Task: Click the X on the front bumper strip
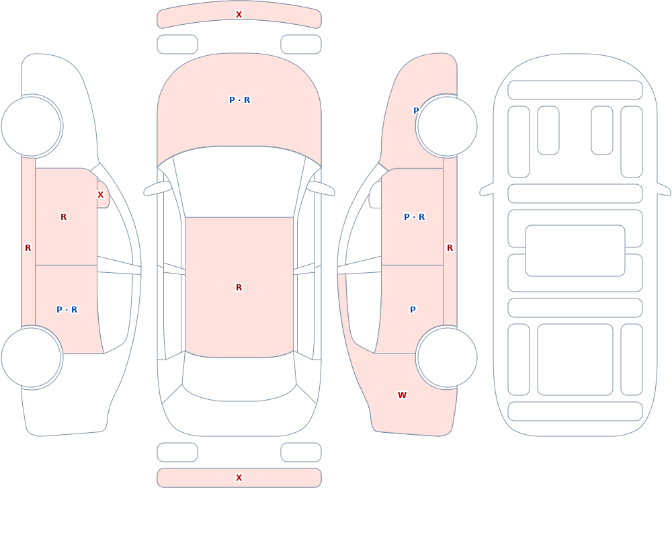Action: pyautogui.click(x=239, y=15)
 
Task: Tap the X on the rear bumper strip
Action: pyautogui.click(x=239, y=478)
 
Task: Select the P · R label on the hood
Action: pyautogui.click(x=240, y=100)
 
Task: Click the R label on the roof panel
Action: pyautogui.click(x=239, y=287)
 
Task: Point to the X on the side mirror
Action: pyautogui.click(x=100, y=195)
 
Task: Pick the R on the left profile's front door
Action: pyautogui.click(x=63, y=217)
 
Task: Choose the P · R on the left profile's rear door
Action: pyautogui.click(x=67, y=310)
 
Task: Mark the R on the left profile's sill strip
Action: pyautogui.click(x=28, y=248)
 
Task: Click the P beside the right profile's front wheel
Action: pyautogui.click(x=416, y=111)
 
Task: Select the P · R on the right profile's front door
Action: pyautogui.click(x=415, y=217)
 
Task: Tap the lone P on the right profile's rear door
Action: pyautogui.click(x=413, y=310)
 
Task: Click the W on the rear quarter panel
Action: pyautogui.click(x=402, y=395)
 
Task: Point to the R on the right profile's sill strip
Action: pyautogui.click(x=450, y=248)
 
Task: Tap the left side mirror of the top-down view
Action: pyautogui.click(x=157, y=188)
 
